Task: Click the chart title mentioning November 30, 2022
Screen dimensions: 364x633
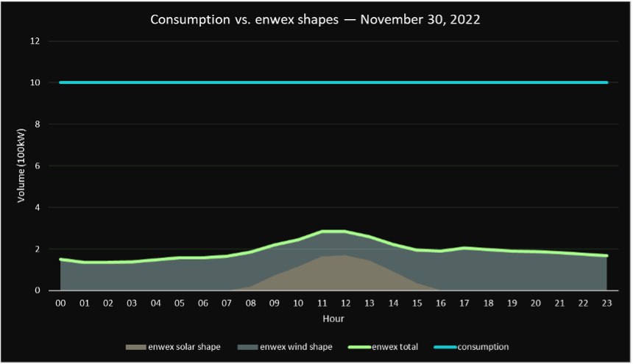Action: [x=315, y=19]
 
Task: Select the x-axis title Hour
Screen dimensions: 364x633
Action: [x=333, y=319]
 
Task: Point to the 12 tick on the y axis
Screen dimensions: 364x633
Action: [x=34, y=41]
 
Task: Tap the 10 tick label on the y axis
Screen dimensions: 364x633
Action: [x=34, y=82]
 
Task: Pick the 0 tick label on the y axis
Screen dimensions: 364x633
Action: [x=36, y=290]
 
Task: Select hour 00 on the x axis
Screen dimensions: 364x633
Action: [x=60, y=303]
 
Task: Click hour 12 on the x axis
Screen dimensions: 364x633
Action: [x=345, y=303]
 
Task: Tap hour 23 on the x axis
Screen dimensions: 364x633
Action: [x=607, y=303]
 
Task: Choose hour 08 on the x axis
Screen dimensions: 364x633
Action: [x=250, y=303]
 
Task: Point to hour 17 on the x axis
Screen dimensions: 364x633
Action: [x=464, y=303]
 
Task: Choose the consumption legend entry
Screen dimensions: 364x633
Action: [x=483, y=346]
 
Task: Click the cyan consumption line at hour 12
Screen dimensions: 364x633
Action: [x=345, y=82]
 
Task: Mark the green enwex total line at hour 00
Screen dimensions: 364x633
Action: [x=60, y=259]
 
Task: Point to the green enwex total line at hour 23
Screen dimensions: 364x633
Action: [x=607, y=256]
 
